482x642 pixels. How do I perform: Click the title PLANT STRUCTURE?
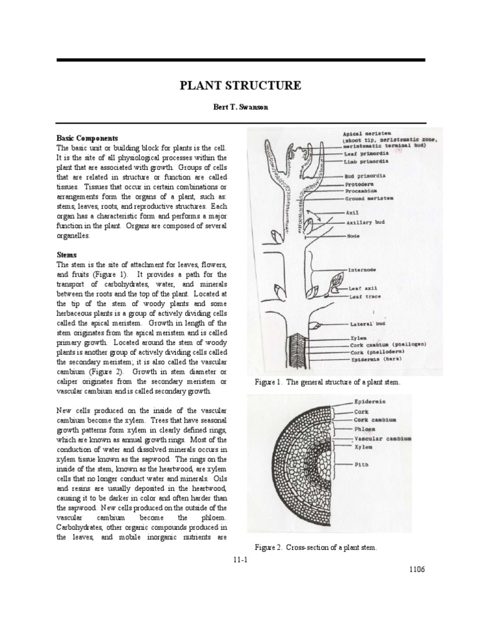click(241, 86)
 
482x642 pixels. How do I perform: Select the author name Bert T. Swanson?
click(241, 107)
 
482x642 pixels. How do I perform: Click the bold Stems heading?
click(67, 255)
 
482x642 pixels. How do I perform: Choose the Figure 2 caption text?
click(316, 547)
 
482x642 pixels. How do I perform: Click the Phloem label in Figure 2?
click(365, 429)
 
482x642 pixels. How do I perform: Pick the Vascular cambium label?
click(383, 438)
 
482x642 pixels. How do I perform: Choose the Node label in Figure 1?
click(353, 236)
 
